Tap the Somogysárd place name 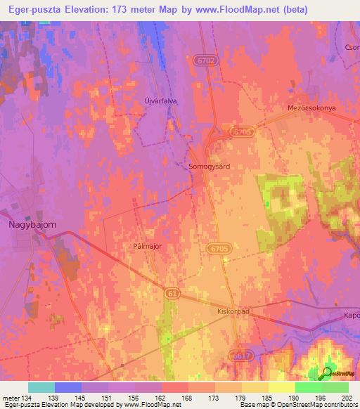click(210, 167)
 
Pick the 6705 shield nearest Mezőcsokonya click(240, 131)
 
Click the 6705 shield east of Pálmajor click(219, 248)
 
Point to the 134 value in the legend click(28, 397)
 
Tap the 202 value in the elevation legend click(346, 397)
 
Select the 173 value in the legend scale click(213, 397)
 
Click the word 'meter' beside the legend click(11, 397)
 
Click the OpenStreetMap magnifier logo click(326, 374)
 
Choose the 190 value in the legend click(292, 397)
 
